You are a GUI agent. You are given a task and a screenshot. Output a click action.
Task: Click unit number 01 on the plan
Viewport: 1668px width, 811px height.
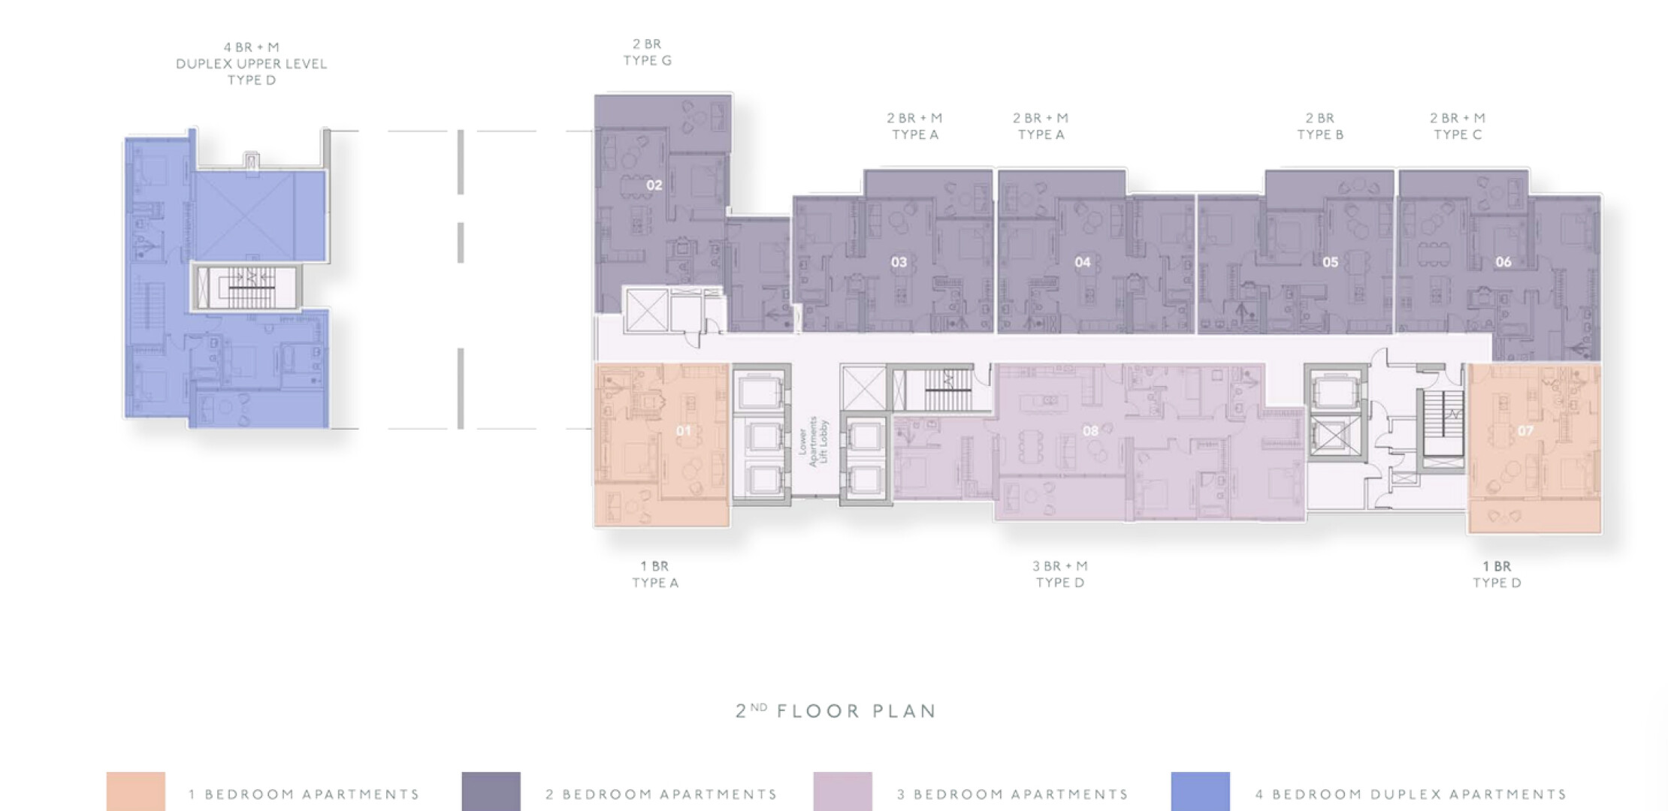click(684, 431)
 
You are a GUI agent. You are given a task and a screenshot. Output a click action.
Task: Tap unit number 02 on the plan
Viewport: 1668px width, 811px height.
click(654, 185)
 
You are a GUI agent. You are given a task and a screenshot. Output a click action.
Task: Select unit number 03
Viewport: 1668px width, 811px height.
click(899, 262)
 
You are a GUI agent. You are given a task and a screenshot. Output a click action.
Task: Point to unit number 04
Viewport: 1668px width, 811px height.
click(1083, 262)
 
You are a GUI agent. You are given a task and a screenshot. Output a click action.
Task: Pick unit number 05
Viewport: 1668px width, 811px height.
click(1331, 262)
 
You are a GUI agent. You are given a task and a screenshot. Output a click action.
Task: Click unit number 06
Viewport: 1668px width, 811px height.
click(1503, 262)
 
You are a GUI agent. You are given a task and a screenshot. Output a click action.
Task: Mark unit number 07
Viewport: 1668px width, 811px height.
click(1525, 431)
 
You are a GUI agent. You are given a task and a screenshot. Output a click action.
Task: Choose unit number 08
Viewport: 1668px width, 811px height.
click(1090, 431)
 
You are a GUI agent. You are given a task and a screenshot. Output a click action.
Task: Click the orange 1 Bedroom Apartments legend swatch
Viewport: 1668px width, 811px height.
click(136, 791)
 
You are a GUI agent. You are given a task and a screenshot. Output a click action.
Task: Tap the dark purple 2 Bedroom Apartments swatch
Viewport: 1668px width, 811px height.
click(491, 791)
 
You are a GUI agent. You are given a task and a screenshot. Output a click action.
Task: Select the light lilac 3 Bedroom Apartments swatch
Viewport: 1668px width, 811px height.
click(843, 791)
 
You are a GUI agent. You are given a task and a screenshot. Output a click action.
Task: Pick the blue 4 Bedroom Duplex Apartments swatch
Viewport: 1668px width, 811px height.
click(1201, 791)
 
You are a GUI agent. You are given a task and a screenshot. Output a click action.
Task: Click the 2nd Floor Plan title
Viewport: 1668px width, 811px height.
click(836, 710)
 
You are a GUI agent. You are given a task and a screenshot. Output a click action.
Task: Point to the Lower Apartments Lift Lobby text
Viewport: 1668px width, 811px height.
click(813, 442)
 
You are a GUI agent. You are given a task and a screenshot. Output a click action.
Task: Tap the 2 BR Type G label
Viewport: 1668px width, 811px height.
click(648, 53)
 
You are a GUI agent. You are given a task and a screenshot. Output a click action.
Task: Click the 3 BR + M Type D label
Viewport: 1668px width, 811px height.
click(1060, 574)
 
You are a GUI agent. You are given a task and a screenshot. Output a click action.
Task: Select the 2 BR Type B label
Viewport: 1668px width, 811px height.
click(1320, 126)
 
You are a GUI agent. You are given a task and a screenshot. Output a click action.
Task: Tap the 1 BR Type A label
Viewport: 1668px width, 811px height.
click(655, 574)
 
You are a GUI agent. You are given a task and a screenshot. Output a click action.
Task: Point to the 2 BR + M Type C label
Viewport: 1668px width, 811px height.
click(1458, 126)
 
